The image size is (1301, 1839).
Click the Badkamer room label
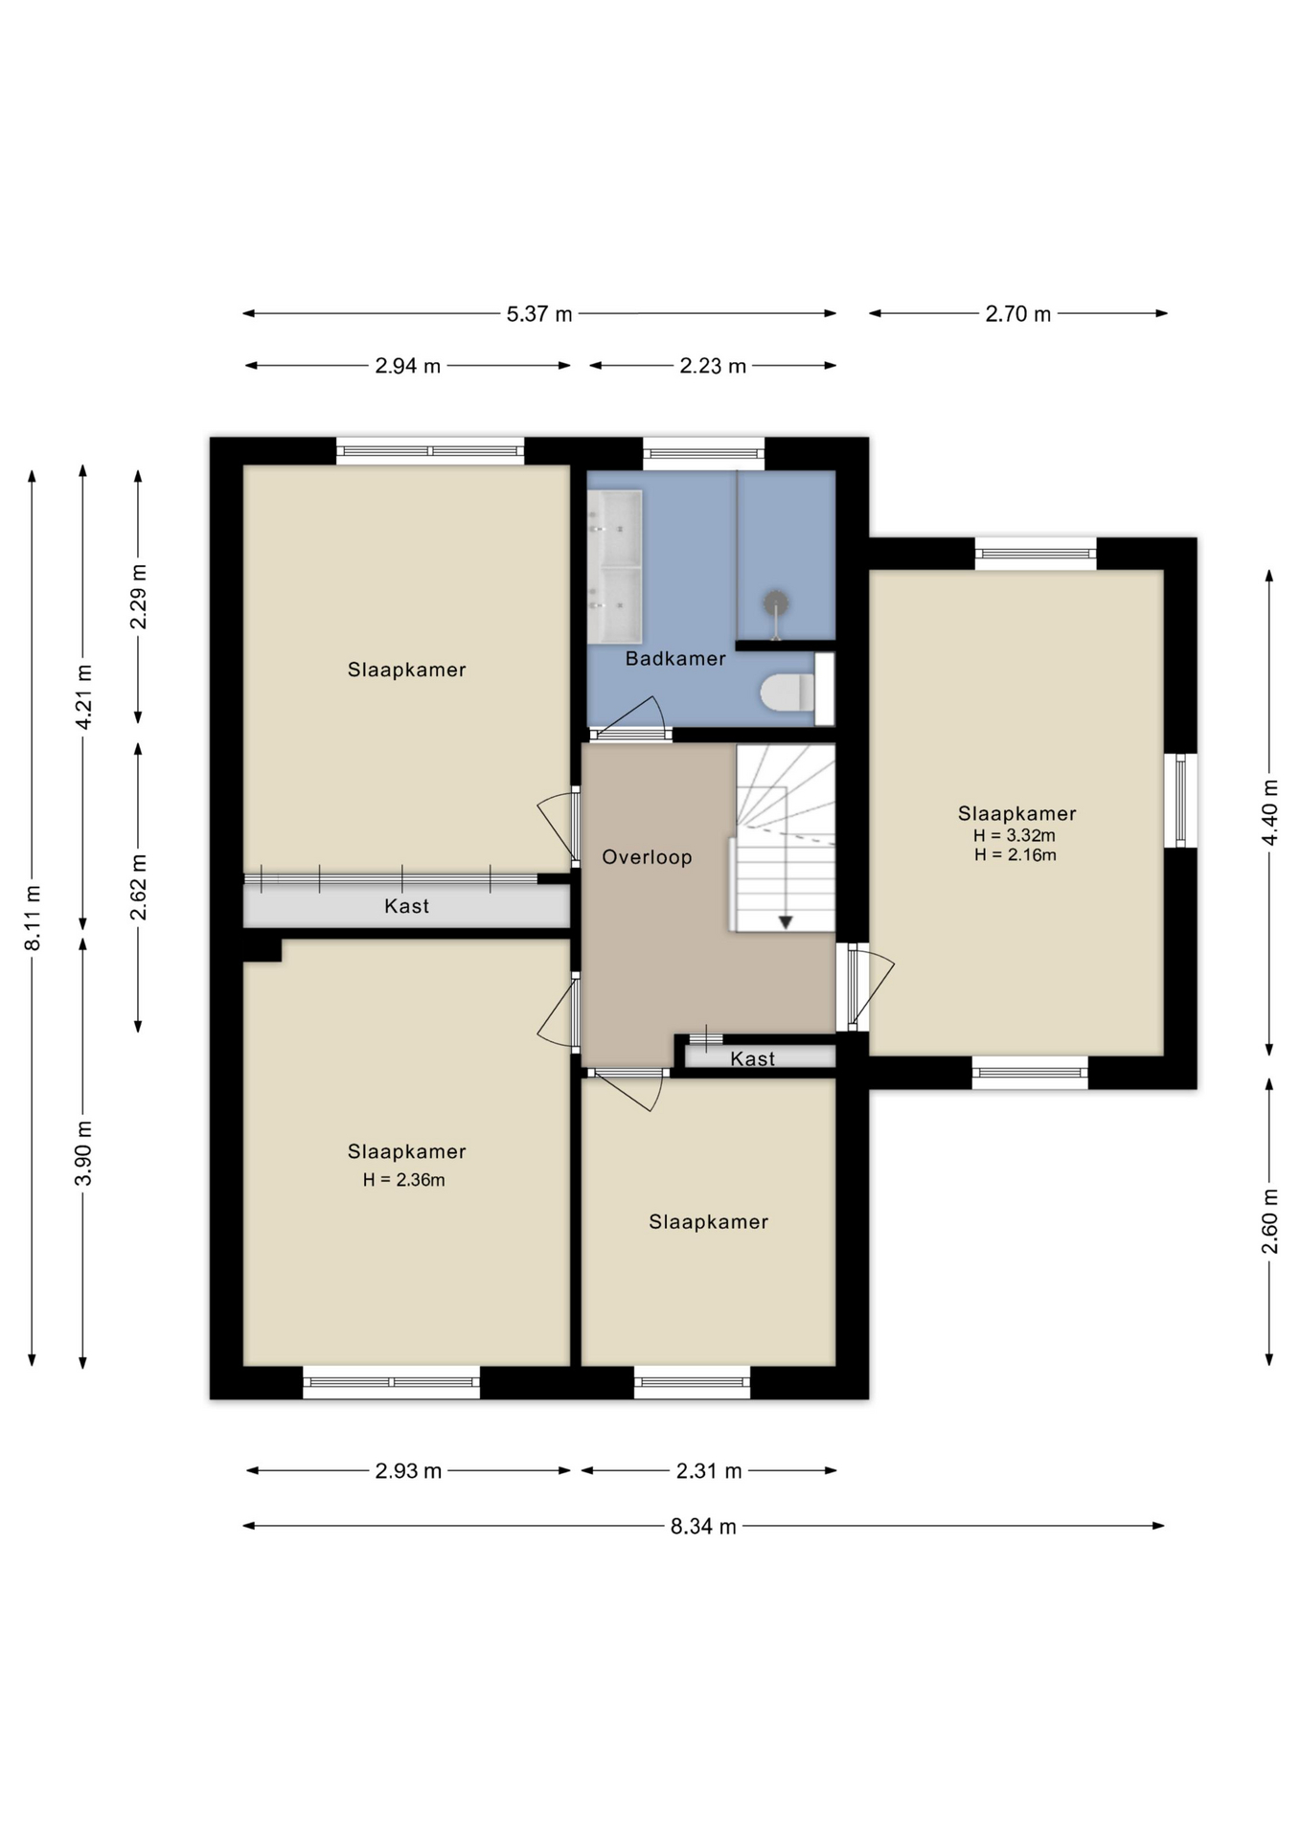click(x=675, y=658)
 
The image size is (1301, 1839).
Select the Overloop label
click(x=647, y=857)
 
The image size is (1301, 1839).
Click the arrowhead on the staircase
click(x=786, y=922)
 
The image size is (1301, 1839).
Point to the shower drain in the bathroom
click(x=775, y=603)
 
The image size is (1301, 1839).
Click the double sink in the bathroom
click(x=614, y=566)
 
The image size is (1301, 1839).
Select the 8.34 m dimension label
click(x=703, y=1526)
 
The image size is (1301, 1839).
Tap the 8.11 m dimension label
click(x=33, y=918)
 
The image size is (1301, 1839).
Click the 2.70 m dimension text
click(x=1018, y=313)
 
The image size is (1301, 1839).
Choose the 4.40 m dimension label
click(x=1269, y=812)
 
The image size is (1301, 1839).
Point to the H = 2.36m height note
click(x=403, y=1180)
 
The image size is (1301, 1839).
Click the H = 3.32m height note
click(x=1015, y=835)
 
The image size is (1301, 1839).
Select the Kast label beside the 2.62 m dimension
click(x=406, y=906)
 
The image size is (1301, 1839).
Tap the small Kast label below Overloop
click(x=752, y=1058)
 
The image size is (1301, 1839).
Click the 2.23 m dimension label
click(x=713, y=366)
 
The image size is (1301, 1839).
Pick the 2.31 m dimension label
click(x=709, y=1470)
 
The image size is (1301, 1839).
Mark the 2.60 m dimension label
click(x=1269, y=1221)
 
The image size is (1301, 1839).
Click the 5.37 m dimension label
click(x=539, y=313)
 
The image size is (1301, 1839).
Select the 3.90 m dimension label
click(x=83, y=1152)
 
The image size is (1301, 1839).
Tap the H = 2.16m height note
click(x=1016, y=854)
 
